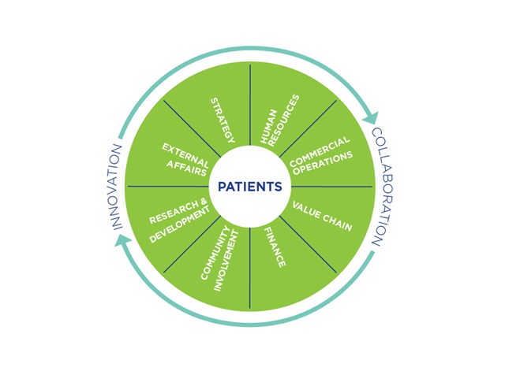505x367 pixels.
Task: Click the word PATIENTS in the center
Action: pos(249,187)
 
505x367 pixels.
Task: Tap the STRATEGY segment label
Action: pos(223,120)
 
